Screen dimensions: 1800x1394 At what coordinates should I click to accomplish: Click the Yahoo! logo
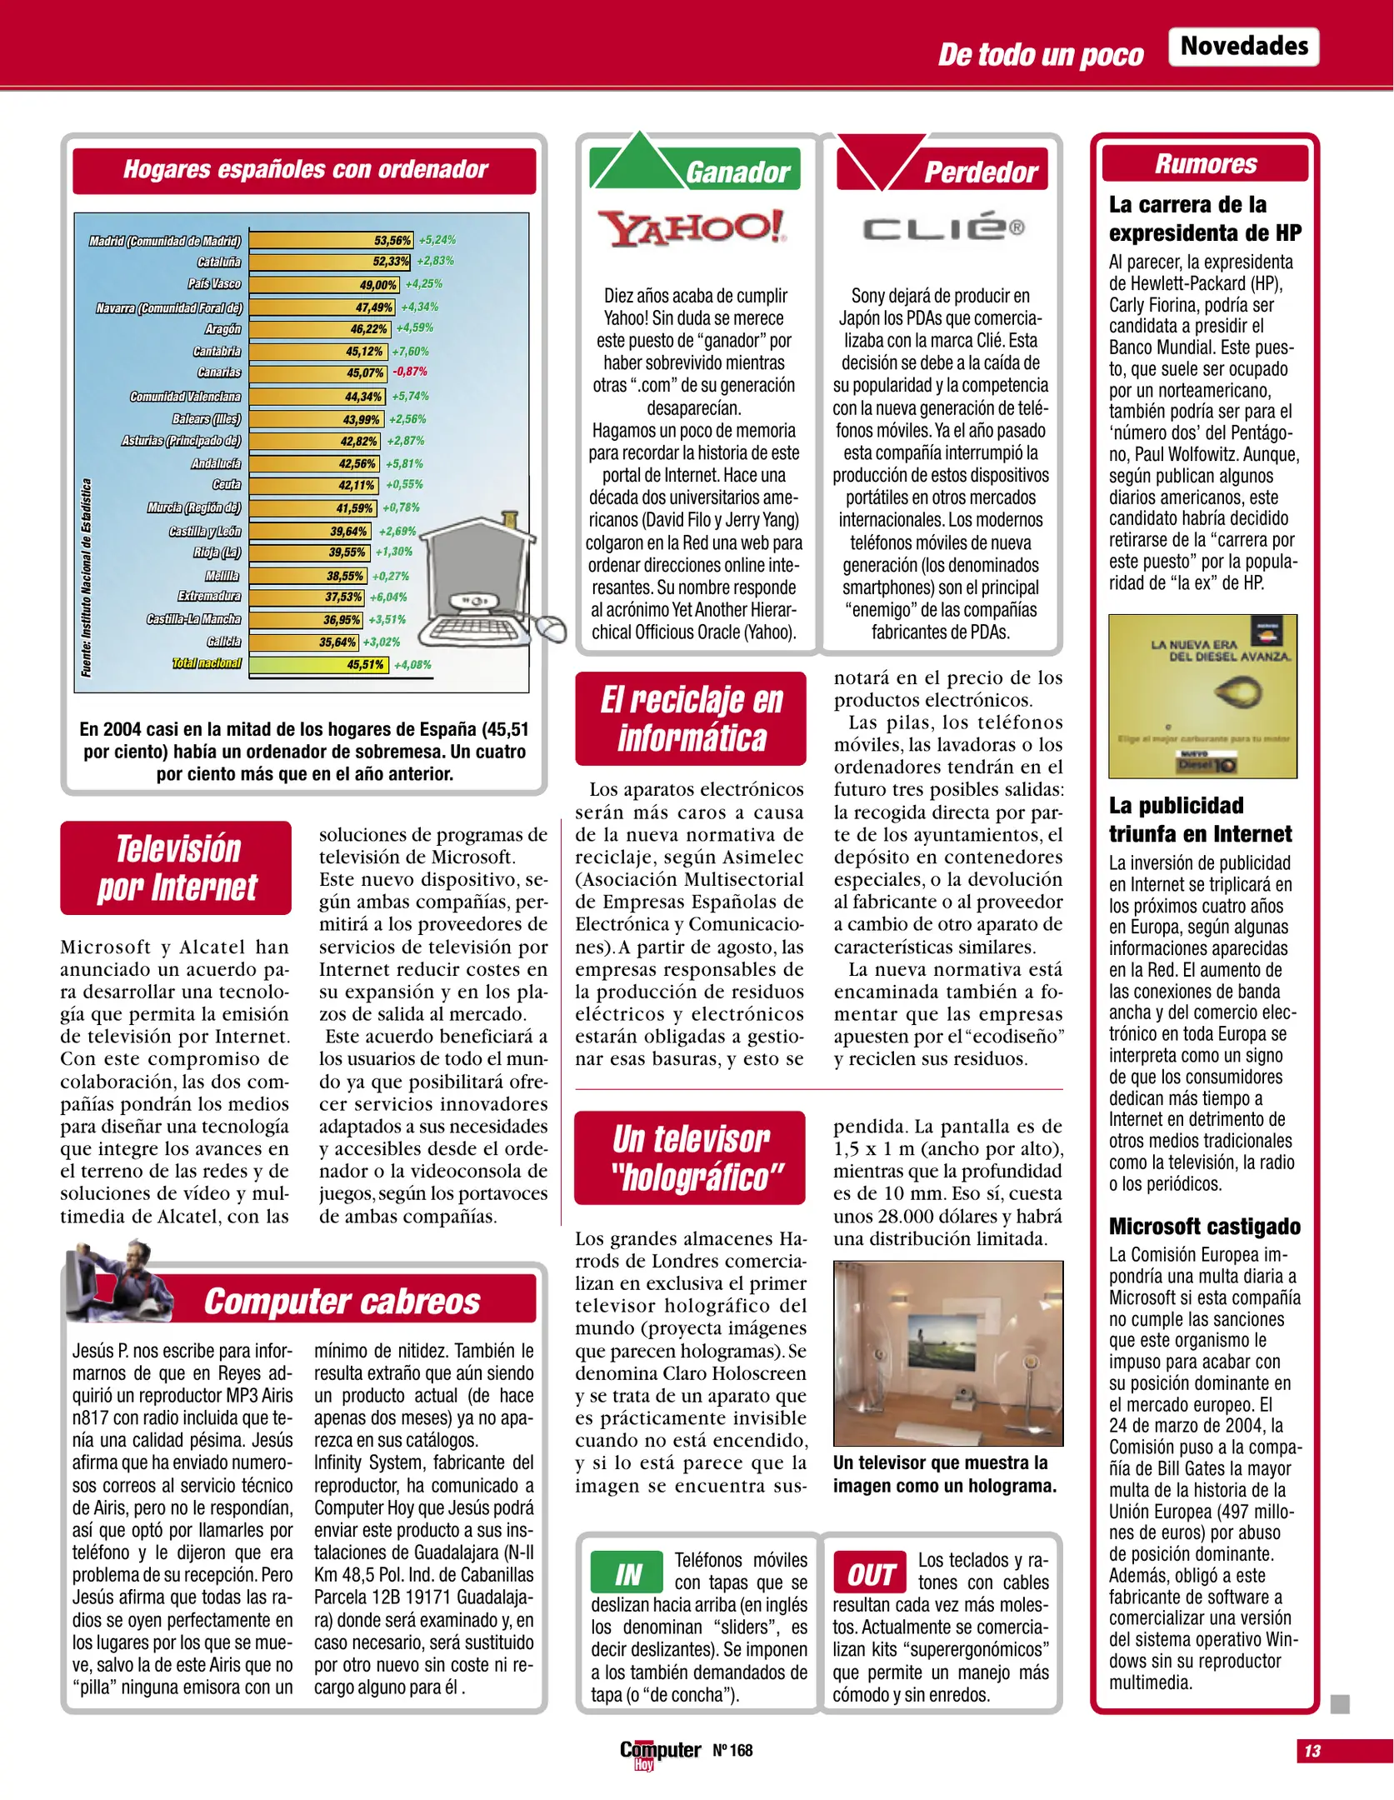pos(691,228)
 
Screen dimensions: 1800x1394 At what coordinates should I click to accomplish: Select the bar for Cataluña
pos(330,262)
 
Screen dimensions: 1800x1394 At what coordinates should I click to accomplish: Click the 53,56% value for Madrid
pos(392,241)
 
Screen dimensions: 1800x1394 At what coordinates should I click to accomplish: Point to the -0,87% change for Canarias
pos(410,372)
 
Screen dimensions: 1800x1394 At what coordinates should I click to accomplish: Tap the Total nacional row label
pos(207,663)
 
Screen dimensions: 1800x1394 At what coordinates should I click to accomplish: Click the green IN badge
pos(627,1574)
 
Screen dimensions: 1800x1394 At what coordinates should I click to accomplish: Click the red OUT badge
pos(870,1574)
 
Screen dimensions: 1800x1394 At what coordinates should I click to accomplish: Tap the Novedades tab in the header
pos(1244,46)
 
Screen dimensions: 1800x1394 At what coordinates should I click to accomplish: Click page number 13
pos(1312,1750)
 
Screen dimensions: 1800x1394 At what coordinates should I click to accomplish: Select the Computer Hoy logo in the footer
pos(659,1752)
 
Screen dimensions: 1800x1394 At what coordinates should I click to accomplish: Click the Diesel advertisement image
pos(1202,696)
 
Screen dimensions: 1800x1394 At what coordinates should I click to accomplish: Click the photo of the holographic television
pos(947,1352)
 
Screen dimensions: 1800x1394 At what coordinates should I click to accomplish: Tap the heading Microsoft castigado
pos(1204,1226)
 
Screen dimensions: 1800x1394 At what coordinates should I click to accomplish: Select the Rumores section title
pos(1205,163)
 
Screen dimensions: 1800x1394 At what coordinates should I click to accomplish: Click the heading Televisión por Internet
pos(177,867)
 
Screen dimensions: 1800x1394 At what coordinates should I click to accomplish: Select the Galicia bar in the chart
pos(304,642)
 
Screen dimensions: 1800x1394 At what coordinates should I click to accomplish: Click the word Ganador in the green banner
pos(737,172)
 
